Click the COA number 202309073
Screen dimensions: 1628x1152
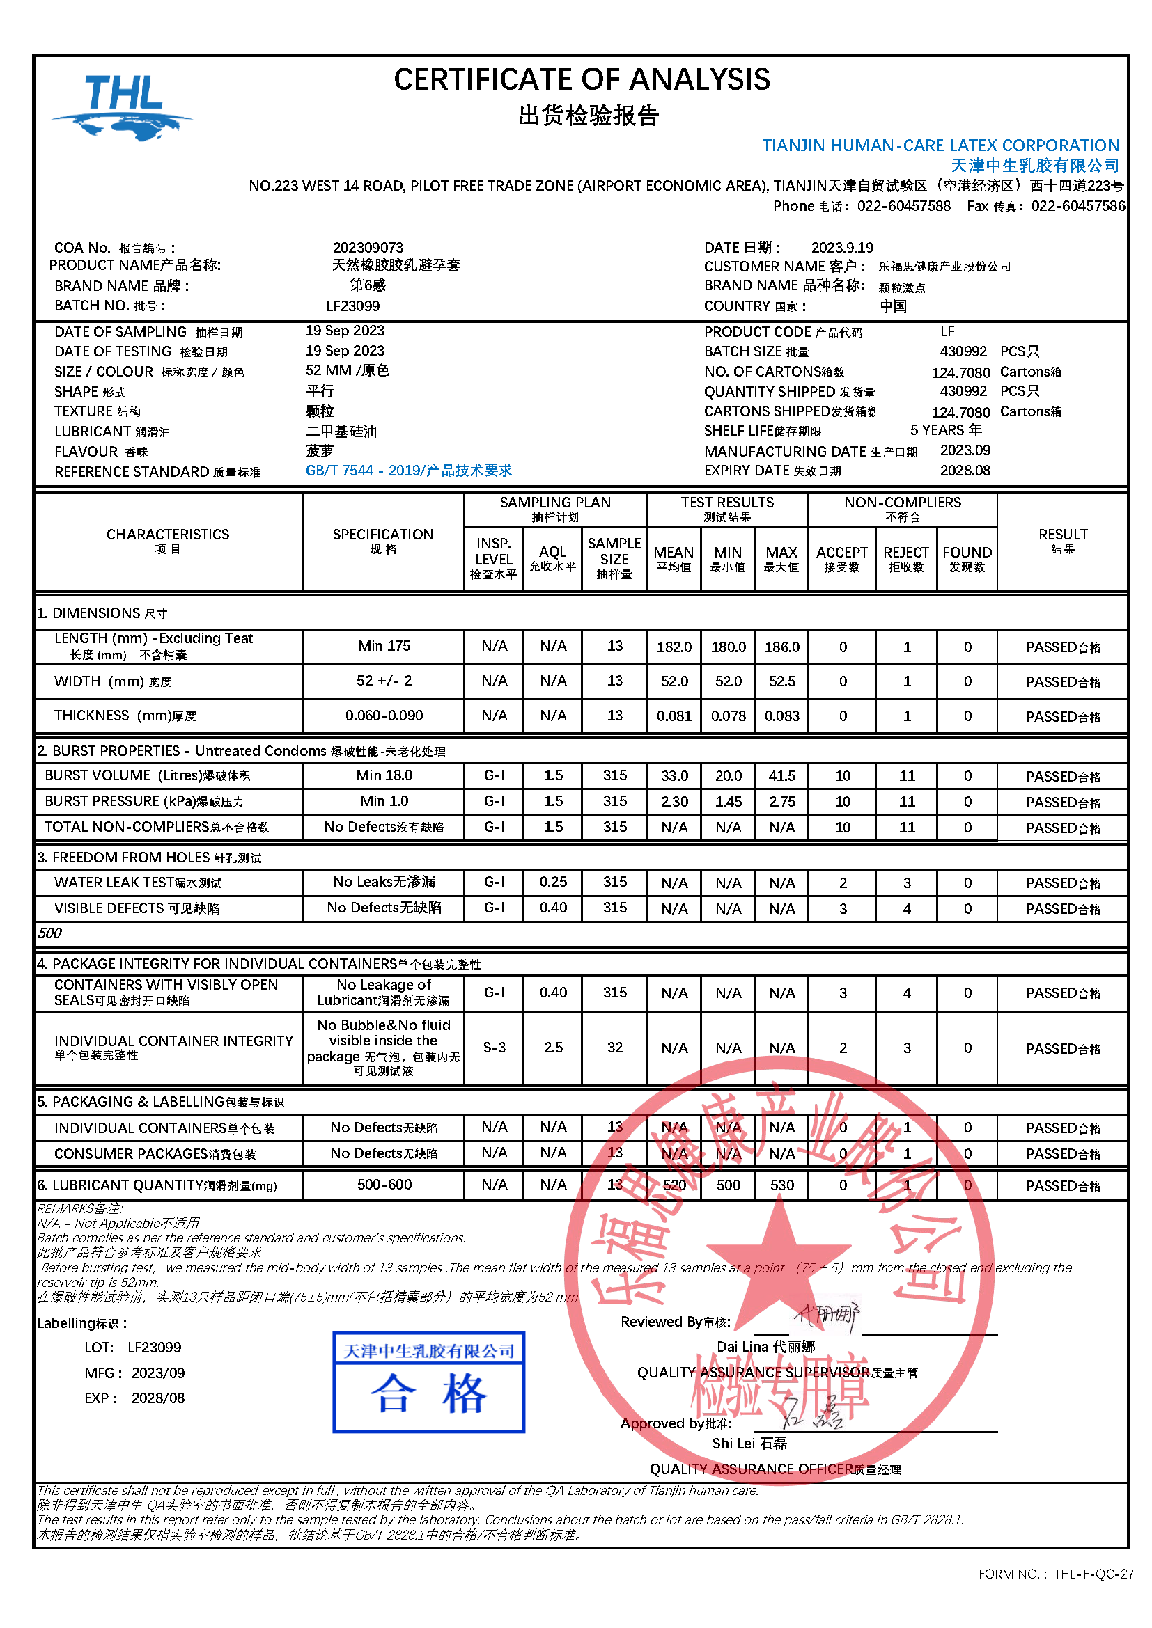(x=368, y=248)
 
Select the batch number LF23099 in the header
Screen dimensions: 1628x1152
(x=352, y=306)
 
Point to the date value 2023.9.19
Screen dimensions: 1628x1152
(x=842, y=248)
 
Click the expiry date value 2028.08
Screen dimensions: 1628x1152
(x=965, y=471)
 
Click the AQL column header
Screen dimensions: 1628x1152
(x=552, y=558)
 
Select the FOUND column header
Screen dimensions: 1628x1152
(x=967, y=558)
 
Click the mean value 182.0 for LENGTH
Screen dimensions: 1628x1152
(x=674, y=647)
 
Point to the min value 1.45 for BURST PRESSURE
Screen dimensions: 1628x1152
(x=728, y=802)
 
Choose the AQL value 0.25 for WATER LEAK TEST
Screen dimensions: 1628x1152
(x=552, y=882)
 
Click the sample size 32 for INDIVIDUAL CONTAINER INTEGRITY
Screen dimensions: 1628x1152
(x=614, y=1048)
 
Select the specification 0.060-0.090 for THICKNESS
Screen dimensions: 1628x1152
(x=384, y=716)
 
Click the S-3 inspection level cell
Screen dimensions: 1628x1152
(x=494, y=1048)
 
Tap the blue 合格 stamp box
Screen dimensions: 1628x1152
(x=428, y=1382)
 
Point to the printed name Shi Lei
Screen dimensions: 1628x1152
(x=749, y=1444)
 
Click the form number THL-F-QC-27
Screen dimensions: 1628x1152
(x=1092, y=1574)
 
